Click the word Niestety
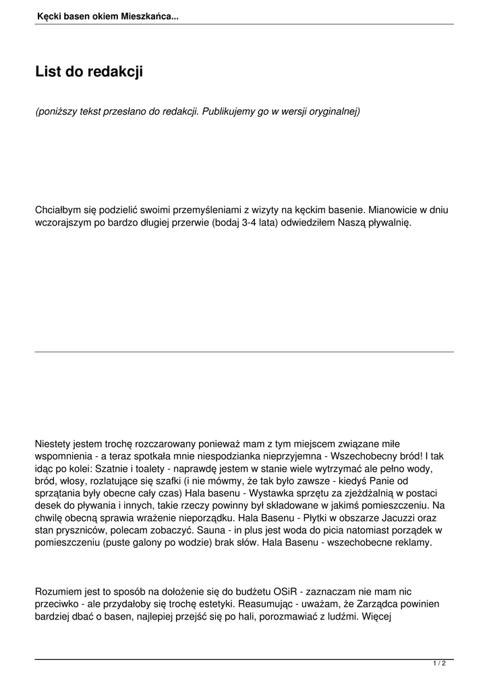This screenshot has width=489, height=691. [x=54, y=444]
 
